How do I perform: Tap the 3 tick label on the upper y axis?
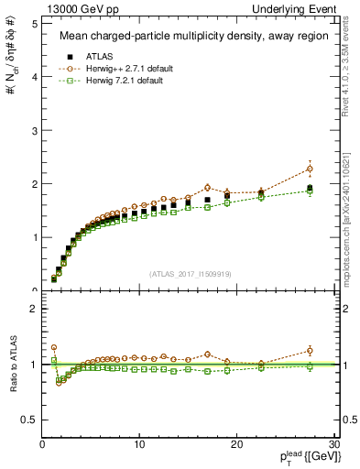click(31, 130)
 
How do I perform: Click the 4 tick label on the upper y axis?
click(31, 77)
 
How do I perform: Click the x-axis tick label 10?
click(139, 443)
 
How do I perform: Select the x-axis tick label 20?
click(236, 443)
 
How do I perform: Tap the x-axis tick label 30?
click(333, 443)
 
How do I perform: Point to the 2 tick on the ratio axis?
click(31, 309)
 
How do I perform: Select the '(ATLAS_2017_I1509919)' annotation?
click(189, 273)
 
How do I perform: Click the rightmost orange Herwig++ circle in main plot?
click(310, 169)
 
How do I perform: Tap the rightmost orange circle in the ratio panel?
click(310, 350)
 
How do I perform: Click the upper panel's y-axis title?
click(10, 60)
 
